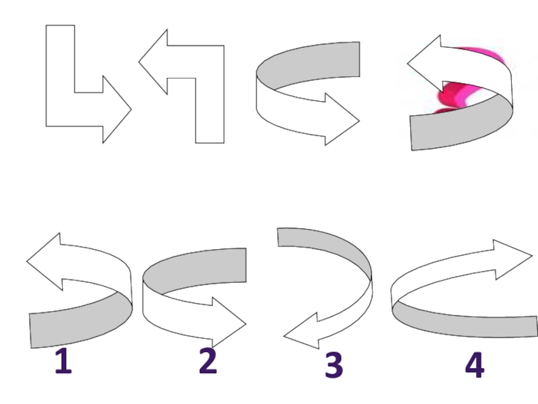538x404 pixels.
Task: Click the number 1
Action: (x=64, y=361)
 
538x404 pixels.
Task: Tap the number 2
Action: (x=208, y=361)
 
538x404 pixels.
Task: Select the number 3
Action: (x=334, y=365)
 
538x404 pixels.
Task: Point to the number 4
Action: (x=475, y=365)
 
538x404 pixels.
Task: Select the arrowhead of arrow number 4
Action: (x=512, y=259)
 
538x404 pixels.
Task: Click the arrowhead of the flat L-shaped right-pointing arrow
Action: (x=116, y=109)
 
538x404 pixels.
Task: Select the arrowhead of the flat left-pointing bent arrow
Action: (x=154, y=62)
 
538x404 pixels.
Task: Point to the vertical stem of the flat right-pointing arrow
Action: (x=61, y=59)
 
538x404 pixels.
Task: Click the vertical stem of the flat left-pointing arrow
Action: (x=210, y=110)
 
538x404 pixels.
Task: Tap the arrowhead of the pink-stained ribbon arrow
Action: (x=426, y=64)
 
